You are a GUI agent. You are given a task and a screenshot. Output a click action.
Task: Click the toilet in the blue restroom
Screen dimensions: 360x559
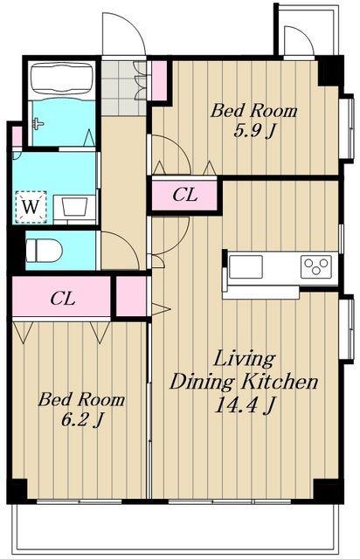(x=44, y=251)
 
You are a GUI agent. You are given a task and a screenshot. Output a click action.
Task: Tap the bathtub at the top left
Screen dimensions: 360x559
(x=62, y=79)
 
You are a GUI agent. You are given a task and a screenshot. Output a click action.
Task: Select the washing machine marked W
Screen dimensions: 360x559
(x=31, y=207)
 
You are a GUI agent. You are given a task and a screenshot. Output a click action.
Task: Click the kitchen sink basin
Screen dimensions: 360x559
(x=246, y=266)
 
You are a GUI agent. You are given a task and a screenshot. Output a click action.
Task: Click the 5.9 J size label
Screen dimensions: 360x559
(x=253, y=132)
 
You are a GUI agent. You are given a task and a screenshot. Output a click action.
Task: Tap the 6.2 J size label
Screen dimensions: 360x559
(x=82, y=420)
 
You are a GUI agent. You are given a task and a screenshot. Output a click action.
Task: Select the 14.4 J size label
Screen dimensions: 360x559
(x=245, y=405)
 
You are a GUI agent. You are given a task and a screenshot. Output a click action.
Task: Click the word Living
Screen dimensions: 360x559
(x=244, y=359)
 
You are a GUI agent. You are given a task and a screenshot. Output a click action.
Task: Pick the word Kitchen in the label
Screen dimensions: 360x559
(x=280, y=383)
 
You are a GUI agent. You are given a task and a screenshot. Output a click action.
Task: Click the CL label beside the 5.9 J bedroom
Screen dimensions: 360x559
(x=184, y=195)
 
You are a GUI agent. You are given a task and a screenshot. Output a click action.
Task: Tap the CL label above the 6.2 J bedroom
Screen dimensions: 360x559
(x=62, y=299)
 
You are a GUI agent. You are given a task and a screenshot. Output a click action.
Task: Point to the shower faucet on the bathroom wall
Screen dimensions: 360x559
(x=38, y=123)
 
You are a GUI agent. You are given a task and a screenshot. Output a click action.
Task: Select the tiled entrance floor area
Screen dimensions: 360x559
(x=124, y=88)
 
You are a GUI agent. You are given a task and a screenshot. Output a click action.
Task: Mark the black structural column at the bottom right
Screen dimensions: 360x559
(x=328, y=491)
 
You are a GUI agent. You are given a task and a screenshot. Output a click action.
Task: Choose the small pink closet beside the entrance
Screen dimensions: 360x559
(x=160, y=81)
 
